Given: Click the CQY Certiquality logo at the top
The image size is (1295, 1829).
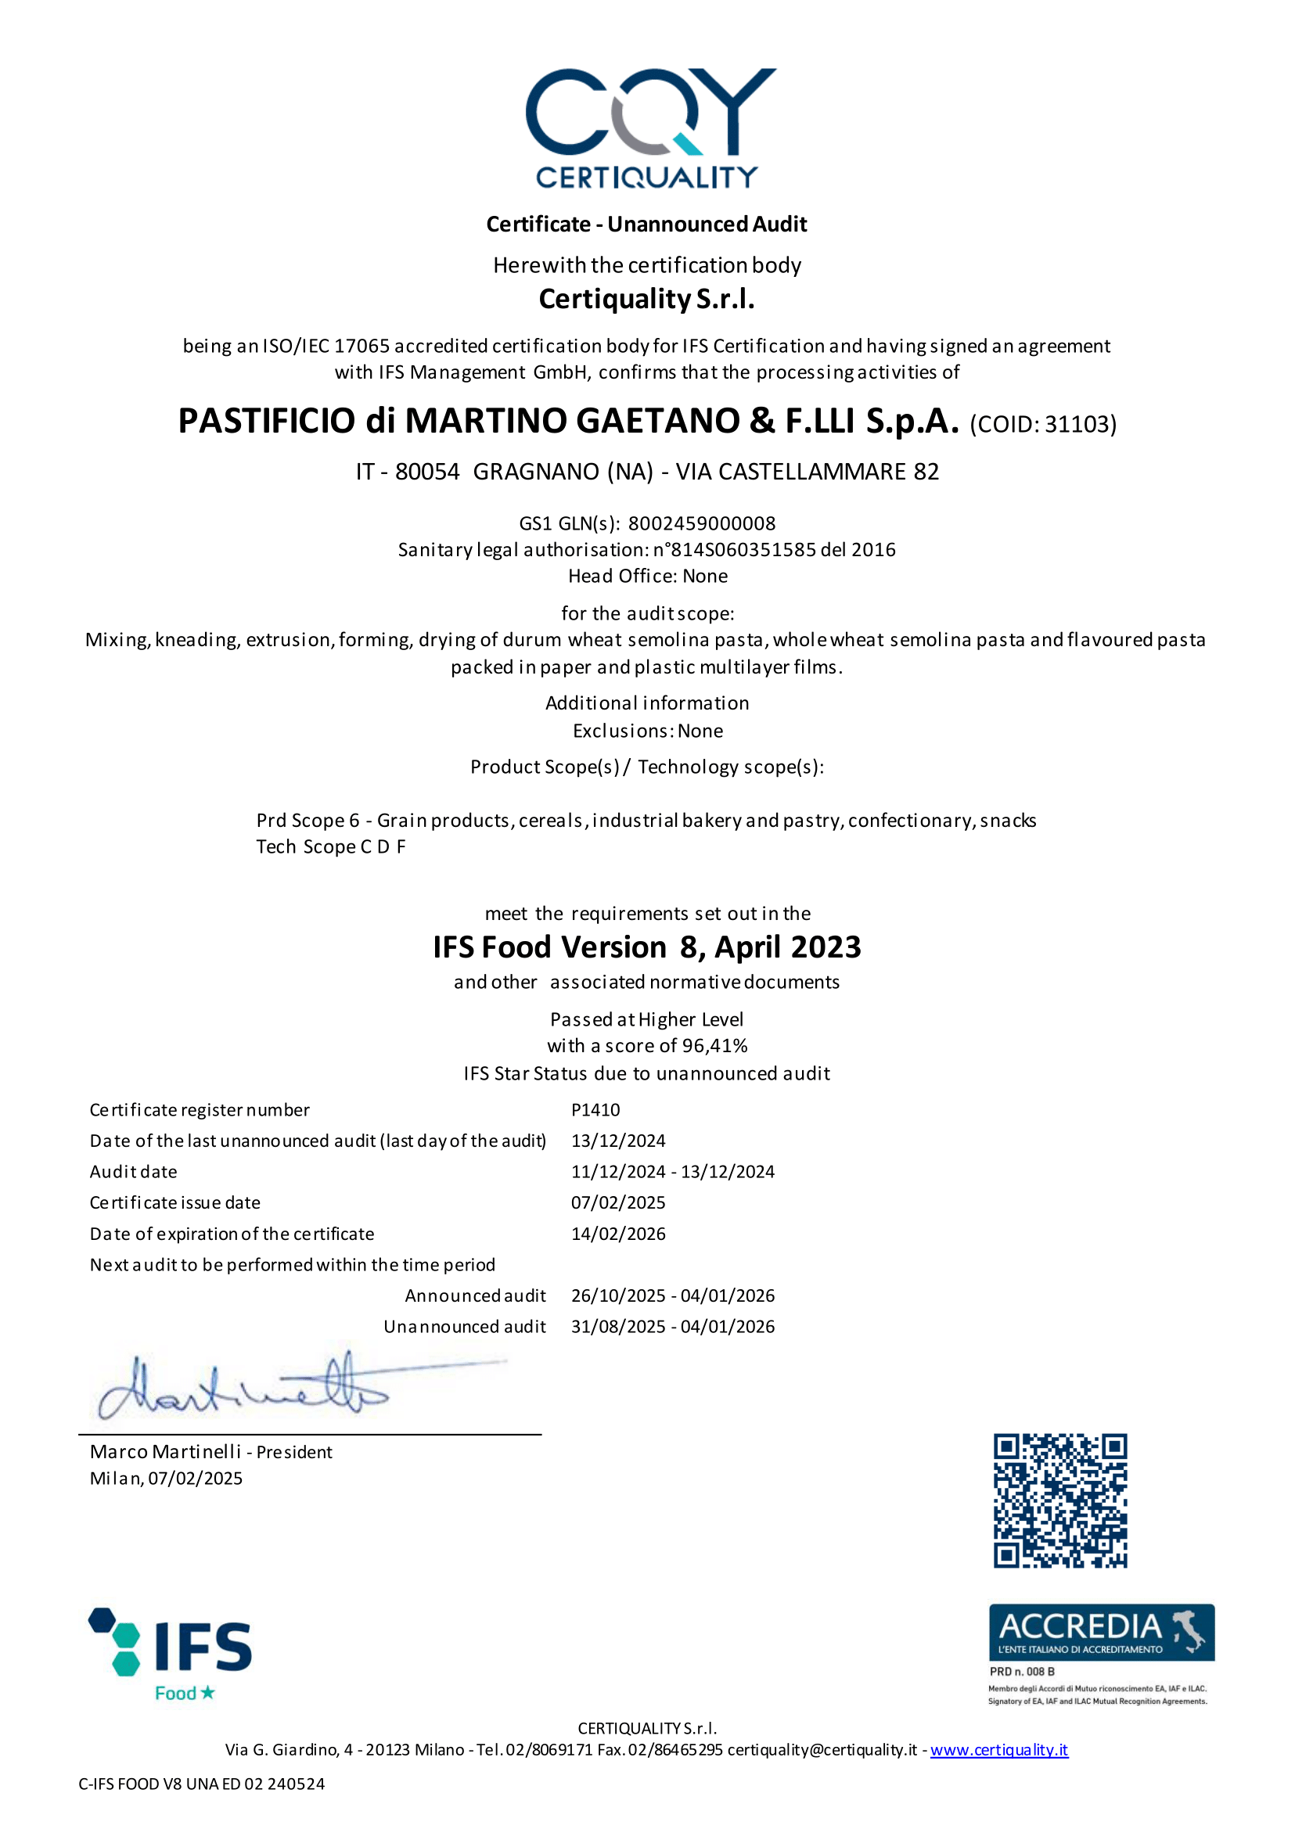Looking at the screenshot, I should pos(648,128).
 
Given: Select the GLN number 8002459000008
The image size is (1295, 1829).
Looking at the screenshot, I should pos(702,524).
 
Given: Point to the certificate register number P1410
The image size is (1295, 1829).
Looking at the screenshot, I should pos(595,1110).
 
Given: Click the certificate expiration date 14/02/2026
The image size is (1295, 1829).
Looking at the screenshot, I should pos(618,1234).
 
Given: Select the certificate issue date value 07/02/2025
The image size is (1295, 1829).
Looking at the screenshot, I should pos(618,1202).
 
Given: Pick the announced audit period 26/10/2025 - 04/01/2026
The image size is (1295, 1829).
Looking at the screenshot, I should pos(672,1295).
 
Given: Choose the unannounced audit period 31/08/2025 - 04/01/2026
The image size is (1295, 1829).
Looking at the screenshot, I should pos(672,1327).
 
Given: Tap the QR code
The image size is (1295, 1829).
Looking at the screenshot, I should pos(1059,1500).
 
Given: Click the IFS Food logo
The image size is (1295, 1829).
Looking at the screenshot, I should pos(171,1653).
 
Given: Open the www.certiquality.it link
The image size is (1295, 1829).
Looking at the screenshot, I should pos(998,1749).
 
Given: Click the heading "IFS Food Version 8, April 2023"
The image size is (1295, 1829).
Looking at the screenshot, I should pos(646,947).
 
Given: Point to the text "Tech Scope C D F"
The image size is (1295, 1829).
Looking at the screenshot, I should pos(331,846).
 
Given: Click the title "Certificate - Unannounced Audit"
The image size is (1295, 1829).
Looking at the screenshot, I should pos(646,224).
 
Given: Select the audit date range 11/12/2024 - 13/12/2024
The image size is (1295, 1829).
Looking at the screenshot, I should pos(672,1171).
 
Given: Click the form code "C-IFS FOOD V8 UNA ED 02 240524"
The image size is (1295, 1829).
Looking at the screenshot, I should pos(202,1784).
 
